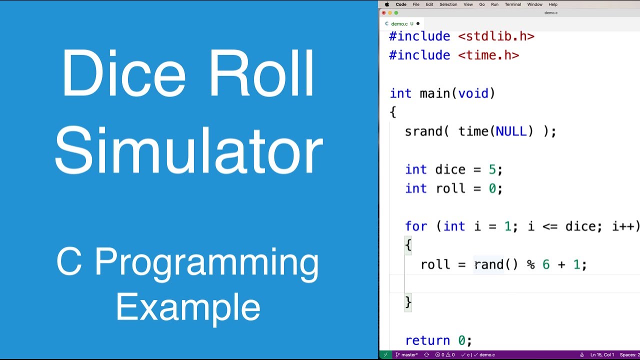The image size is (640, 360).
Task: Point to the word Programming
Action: [x=206, y=262]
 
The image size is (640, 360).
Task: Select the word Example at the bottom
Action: [x=188, y=307]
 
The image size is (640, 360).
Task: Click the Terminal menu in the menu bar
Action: [x=512, y=4]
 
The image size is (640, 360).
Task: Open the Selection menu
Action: [x=448, y=4]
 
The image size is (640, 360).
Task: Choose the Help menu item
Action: [x=553, y=4]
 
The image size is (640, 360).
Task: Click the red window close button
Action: [x=383, y=13]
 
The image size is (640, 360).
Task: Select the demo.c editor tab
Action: [x=399, y=23]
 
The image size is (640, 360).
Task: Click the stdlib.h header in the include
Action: [x=496, y=36]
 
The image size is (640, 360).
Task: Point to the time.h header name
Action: [x=488, y=55]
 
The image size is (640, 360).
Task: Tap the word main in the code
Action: [x=434, y=93]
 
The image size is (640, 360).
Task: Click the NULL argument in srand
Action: [x=511, y=131]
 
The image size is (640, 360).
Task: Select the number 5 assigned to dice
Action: [x=492, y=169]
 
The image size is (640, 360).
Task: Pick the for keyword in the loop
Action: [x=416, y=226]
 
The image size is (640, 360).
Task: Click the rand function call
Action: [x=488, y=264]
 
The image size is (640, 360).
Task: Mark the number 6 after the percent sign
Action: [x=546, y=264]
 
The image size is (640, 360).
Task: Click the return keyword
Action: [x=427, y=340]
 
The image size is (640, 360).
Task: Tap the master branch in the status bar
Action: [x=409, y=355]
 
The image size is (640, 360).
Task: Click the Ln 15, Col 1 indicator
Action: [x=602, y=355]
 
